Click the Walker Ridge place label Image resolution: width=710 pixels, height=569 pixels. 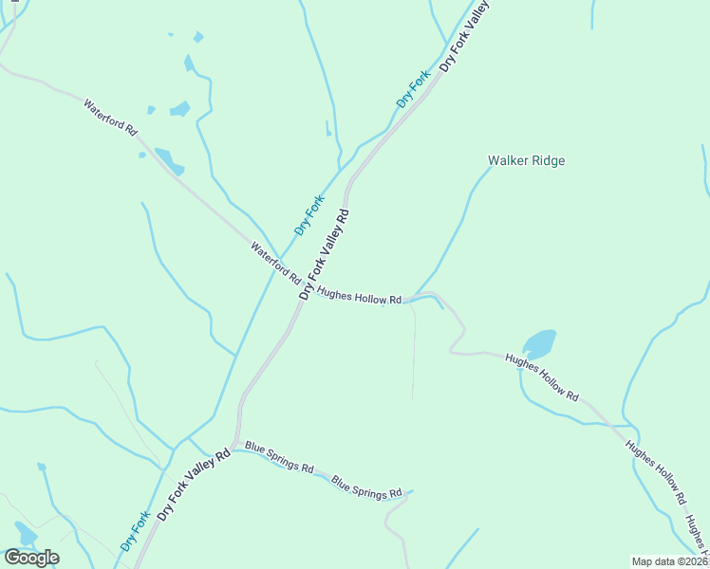(x=526, y=161)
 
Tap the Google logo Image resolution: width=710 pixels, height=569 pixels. (x=32, y=558)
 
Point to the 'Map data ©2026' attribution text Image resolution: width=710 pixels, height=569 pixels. (x=669, y=561)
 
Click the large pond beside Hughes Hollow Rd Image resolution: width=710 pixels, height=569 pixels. (x=538, y=343)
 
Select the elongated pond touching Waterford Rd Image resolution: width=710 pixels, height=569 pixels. (x=169, y=160)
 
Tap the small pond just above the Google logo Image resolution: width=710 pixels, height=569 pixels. (x=25, y=533)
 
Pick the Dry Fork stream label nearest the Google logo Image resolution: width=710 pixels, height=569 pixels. (x=136, y=531)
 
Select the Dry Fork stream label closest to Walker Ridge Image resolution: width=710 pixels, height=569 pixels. (x=414, y=88)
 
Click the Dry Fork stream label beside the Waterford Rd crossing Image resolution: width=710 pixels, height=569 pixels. (x=309, y=214)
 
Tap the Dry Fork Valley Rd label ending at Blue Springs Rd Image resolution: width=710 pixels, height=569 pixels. (x=194, y=485)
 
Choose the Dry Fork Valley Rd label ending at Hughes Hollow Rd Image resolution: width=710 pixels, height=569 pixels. (x=326, y=254)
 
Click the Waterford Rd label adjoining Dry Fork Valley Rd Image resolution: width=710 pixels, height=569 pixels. (x=275, y=265)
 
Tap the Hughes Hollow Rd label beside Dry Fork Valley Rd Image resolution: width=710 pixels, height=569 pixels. (x=360, y=297)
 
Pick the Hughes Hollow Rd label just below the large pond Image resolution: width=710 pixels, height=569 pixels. (x=542, y=376)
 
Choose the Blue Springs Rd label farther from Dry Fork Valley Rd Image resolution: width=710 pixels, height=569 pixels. (x=366, y=487)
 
